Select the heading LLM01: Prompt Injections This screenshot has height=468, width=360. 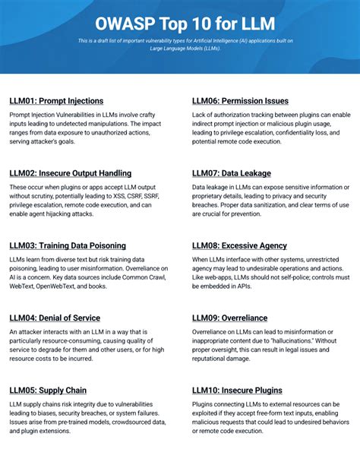(56, 101)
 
